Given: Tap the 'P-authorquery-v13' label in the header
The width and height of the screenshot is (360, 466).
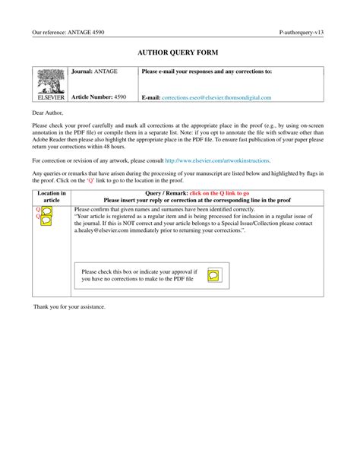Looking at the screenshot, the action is click(302, 33).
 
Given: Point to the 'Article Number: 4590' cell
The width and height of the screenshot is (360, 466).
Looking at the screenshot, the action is click(99, 97).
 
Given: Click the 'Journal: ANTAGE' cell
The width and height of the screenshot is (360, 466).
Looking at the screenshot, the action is click(94, 71).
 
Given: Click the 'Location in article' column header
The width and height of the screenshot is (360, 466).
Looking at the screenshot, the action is click(52, 198).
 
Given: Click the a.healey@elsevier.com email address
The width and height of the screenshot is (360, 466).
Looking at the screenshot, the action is click(108, 230).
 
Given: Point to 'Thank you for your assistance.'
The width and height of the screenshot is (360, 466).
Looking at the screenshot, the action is click(69, 306).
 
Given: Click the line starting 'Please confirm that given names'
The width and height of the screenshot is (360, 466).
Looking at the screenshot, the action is click(175, 208).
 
